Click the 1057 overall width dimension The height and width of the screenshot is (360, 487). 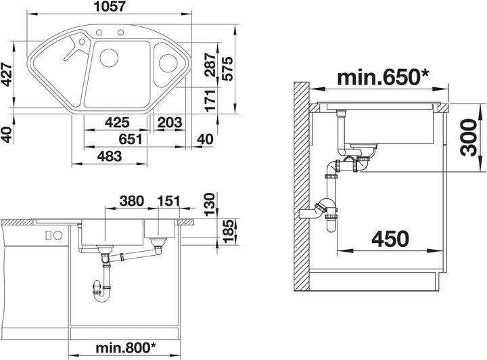tap(110, 7)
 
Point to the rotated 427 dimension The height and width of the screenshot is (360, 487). tap(7, 74)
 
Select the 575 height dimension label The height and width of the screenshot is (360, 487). tap(228, 69)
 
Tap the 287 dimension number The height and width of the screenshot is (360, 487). tap(210, 64)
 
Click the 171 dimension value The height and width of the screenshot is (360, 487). tap(210, 100)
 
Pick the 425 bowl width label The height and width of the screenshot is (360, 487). tap(117, 122)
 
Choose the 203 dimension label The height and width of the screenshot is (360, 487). tap(170, 122)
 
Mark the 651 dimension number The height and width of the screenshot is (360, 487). tap(130, 139)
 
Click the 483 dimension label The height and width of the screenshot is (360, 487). tap(110, 156)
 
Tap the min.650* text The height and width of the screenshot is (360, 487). tap(383, 77)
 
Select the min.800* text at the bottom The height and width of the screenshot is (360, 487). tap(126, 348)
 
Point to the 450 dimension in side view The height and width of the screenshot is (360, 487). tap(390, 239)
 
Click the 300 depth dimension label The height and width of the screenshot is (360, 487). tap(468, 137)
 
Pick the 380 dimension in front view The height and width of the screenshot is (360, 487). tap(132, 201)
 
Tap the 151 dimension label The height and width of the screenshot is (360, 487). tap(169, 201)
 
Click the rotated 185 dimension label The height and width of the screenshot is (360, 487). tap(228, 231)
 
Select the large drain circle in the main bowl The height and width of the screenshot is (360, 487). tap(109, 58)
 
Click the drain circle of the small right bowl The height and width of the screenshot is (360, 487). tap(168, 63)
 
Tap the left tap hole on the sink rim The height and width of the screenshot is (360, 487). tap(99, 32)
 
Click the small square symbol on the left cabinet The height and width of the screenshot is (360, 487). tap(48, 235)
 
